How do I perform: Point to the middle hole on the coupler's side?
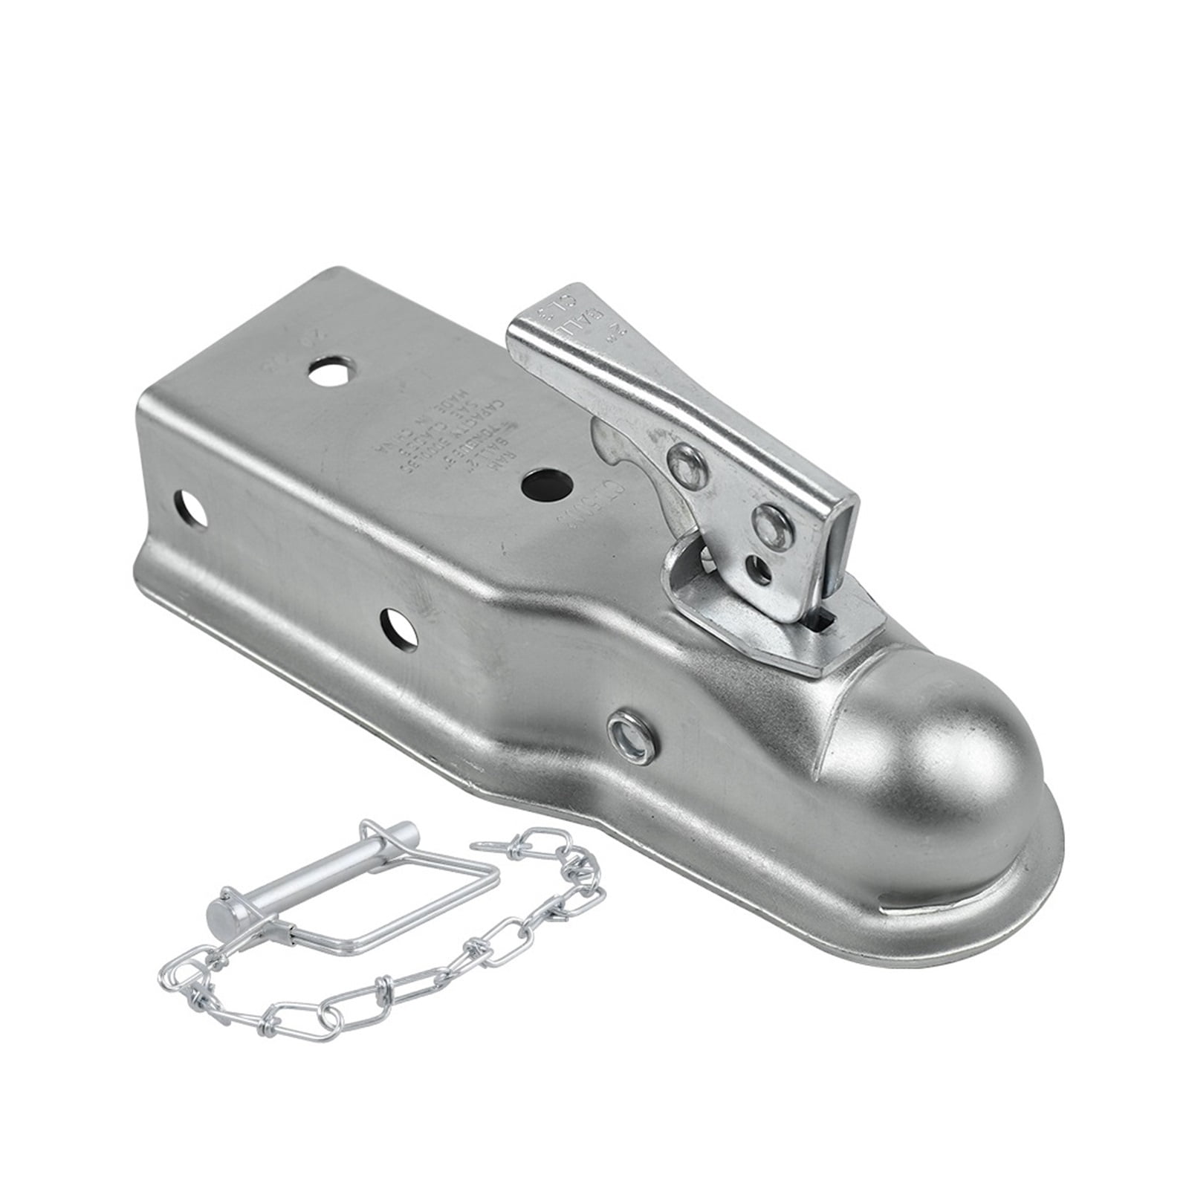(x=401, y=629)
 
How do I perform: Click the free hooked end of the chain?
(x=490, y=845)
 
